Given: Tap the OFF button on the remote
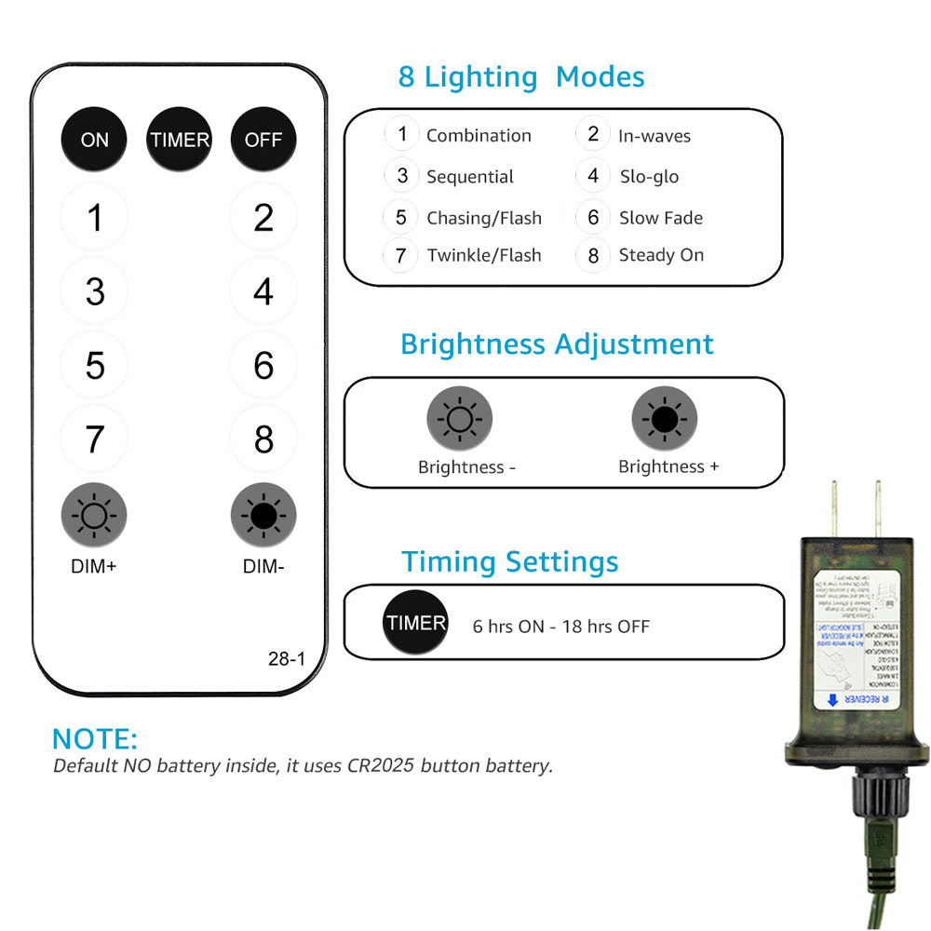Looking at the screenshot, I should [x=263, y=140].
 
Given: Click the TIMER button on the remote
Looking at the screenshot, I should [x=180, y=140].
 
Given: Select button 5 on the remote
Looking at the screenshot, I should [x=95, y=365].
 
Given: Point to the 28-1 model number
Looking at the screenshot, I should [x=286, y=659].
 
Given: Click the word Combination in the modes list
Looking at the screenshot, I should [x=479, y=135].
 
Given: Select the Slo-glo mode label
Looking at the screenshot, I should [x=649, y=176].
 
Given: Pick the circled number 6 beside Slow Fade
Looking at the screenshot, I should [x=593, y=218].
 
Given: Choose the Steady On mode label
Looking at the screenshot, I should [x=661, y=255].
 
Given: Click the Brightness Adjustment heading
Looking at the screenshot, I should [x=557, y=344].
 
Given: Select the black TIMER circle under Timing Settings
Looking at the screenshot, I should [x=416, y=623].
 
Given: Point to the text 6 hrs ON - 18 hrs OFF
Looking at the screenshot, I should [x=560, y=627].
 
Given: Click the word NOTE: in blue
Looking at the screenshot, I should [x=95, y=739].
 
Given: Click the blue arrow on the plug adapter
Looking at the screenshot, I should [x=831, y=699].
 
